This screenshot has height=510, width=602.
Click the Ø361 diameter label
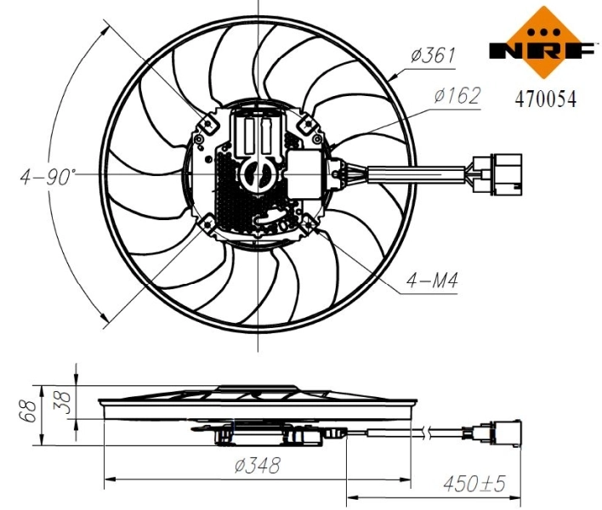pos(432,56)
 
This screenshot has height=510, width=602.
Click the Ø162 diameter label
pos(457,95)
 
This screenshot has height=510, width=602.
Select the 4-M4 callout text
pos(432,280)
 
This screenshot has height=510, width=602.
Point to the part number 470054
pos(545,99)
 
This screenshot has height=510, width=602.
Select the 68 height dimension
pos(28,412)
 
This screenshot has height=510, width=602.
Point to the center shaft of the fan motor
pos(256,174)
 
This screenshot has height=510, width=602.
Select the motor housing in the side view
pos(269,434)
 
